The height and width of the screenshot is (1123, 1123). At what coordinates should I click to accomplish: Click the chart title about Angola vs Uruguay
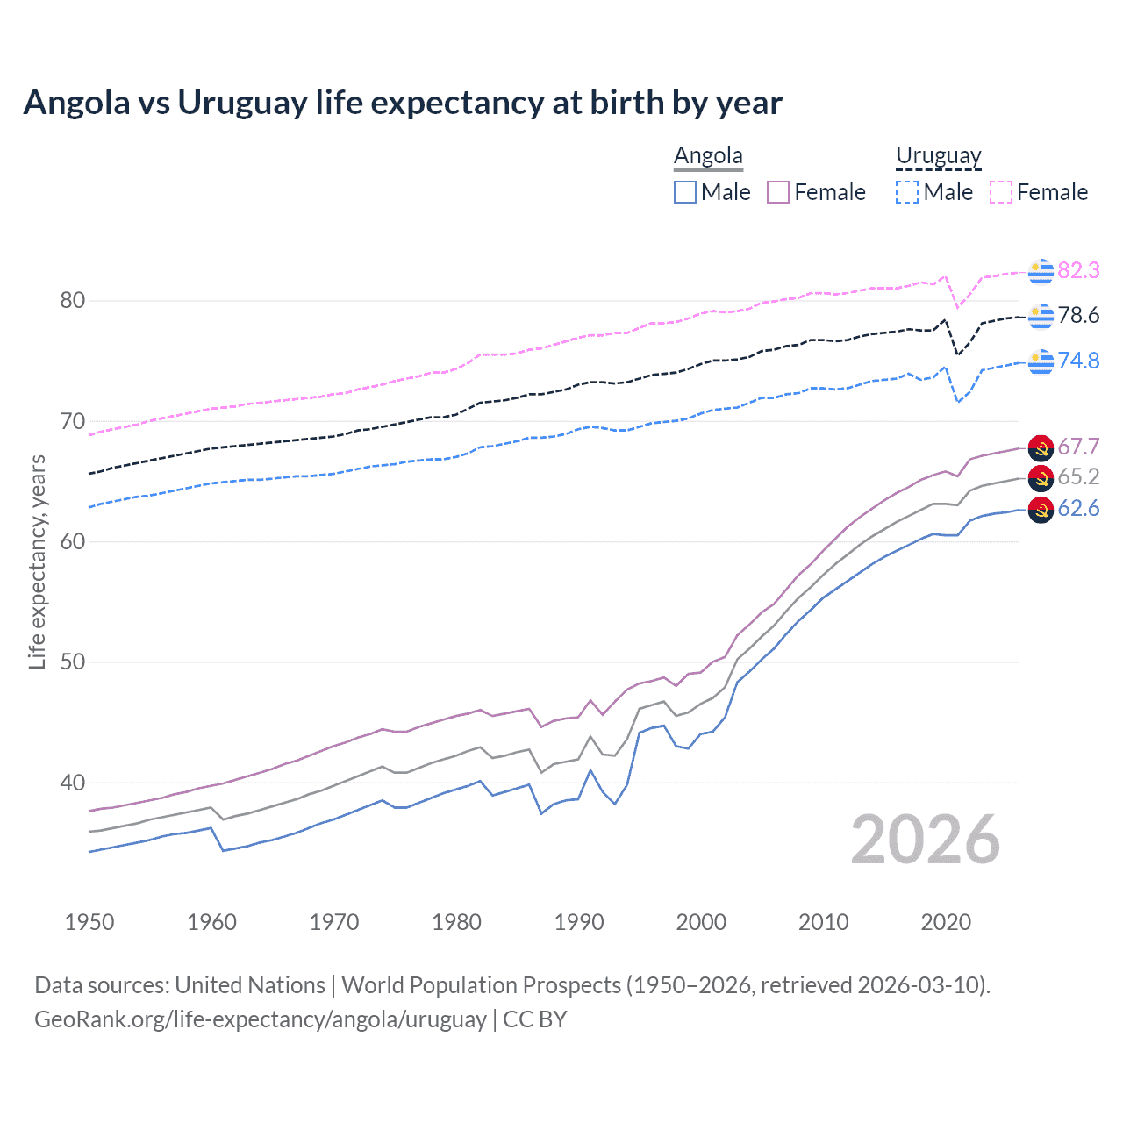[402, 103]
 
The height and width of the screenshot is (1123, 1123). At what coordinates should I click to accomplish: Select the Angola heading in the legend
[708, 155]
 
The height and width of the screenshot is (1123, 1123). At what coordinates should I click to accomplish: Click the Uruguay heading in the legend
[938, 155]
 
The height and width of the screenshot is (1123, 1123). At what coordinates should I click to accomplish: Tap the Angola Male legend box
[685, 192]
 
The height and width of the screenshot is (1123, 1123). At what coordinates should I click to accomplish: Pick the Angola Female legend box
[778, 192]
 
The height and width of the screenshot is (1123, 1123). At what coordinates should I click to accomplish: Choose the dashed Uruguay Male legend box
[907, 192]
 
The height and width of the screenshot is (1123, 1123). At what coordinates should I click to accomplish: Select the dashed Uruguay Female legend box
[1001, 192]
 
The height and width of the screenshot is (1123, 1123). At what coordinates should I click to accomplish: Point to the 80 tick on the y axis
[72, 301]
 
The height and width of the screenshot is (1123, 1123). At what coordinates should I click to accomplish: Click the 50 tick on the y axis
[72, 662]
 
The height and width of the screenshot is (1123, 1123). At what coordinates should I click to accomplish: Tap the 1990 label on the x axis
[579, 922]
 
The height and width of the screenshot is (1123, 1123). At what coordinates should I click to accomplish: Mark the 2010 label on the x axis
[823, 922]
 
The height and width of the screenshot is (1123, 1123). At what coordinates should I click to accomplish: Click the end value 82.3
[1078, 270]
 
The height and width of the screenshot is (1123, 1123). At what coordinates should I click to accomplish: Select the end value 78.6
[1078, 315]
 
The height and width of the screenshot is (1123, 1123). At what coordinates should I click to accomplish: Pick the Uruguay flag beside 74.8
[1041, 361]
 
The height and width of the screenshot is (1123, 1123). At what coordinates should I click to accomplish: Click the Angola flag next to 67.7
[1041, 447]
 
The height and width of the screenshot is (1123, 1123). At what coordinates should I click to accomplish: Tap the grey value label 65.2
[1078, 476]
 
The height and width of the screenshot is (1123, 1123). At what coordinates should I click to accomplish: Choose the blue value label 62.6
[1078, 509]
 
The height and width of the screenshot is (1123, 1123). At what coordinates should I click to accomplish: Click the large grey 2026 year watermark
[925, 840]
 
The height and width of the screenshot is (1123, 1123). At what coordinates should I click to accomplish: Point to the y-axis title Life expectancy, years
[37, 562]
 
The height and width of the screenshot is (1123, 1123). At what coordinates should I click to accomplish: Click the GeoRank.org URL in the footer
[260, 1019]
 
